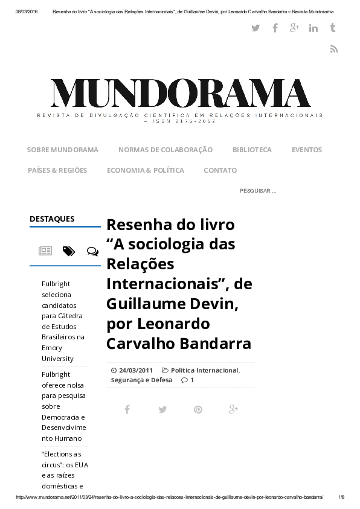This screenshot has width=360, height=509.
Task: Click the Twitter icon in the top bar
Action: (x=256, y=28)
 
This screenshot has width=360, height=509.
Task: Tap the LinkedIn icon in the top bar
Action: (x=313, y=28)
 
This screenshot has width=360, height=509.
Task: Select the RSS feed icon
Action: (x=333, y=49)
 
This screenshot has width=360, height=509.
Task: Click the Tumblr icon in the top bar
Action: (x=333, y=28)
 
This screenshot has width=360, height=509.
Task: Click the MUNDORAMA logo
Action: (x=180, y=94)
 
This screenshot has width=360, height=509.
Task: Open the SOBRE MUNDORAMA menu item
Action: (x=62, y=150)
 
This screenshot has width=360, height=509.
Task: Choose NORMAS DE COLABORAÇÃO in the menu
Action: (x=166, y=150)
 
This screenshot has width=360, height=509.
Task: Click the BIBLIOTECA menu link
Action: (x=252, y=150)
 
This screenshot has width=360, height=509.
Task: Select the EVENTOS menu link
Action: (x=307, y=150)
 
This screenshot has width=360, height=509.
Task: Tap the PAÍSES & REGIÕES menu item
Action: (x=57, y=170)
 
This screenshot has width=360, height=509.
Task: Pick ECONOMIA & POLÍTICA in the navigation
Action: (x=145, y=170)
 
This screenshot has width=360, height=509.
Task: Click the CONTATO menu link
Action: (x=220, y=170)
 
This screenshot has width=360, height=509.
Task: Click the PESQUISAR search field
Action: (x=258, y=191)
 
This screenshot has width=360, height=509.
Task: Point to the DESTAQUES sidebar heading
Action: (x=52, y=219)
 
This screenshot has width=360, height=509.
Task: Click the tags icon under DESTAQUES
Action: (x=69, y=251)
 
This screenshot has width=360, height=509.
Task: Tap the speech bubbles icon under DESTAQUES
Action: (x=92, y=251)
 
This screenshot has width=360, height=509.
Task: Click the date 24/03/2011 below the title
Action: (x=135, y=370)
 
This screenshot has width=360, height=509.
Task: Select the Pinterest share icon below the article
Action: (x=198, y=409)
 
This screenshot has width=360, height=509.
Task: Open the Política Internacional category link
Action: (x=204, y=370)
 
